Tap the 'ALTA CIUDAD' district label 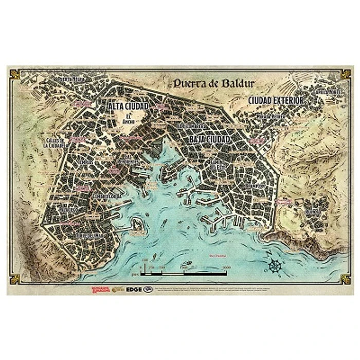pos(128,105)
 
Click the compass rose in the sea pos(275,266)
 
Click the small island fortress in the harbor pos(137,224)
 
